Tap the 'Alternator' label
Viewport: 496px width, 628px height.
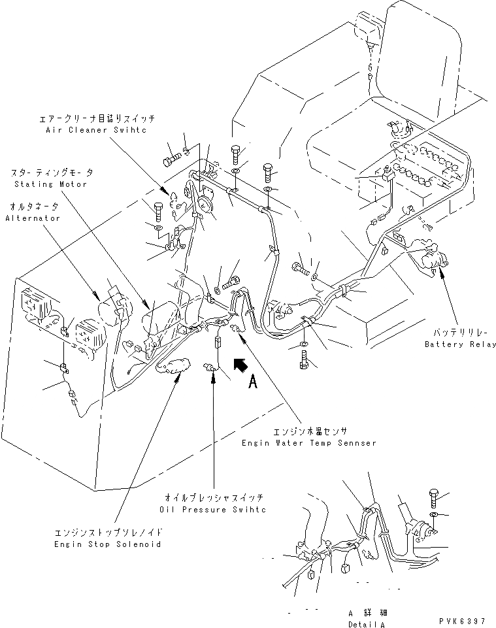33,218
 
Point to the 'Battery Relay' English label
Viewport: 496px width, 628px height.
460,344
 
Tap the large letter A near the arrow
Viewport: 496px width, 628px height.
252,384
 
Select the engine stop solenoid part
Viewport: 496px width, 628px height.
174,367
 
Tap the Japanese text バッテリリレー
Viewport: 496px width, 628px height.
460,333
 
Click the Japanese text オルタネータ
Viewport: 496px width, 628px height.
34,207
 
